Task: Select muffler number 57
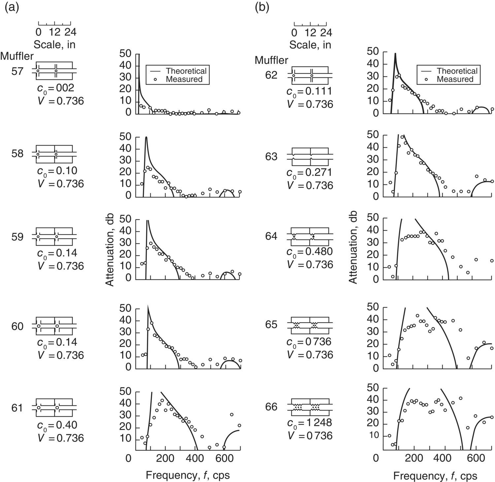click(17, 71)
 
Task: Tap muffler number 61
click(17, 408)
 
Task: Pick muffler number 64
click(272, 237)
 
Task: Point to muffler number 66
click(272, 407)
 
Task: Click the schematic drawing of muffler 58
click(54, 154)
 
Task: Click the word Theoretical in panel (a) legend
click(186, 71)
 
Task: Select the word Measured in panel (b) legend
click(455, 79)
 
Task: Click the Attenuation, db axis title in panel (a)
click(110, 249)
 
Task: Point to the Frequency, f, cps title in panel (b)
click(435, 475)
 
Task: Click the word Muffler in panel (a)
click(17, 56)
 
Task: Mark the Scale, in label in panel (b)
click(310, 44)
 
